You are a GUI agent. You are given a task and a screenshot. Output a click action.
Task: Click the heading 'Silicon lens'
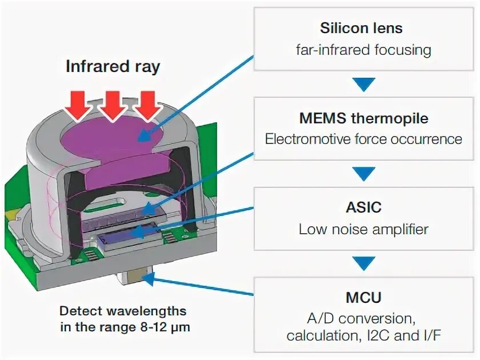361,28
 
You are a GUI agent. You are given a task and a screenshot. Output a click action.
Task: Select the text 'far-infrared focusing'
363,49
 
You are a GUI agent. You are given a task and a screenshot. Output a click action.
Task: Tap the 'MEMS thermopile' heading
363,118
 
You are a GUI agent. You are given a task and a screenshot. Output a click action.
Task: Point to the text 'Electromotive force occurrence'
363,139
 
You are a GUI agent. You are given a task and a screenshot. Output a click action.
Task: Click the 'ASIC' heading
363,206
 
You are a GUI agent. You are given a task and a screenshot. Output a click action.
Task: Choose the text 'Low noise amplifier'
363,229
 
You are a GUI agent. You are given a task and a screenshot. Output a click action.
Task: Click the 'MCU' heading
363,297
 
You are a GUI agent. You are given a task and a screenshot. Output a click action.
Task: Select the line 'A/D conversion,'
363,317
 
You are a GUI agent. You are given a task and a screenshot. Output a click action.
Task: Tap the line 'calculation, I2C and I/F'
363,335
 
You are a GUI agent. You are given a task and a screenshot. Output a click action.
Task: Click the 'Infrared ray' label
113,66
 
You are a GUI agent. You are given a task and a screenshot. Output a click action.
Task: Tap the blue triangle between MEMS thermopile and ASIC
363,174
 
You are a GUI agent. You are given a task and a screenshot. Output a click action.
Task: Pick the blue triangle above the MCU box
363,263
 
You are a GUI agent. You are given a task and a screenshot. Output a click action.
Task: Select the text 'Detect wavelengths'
123,311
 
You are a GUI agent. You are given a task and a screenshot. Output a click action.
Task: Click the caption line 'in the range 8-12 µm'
123,327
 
